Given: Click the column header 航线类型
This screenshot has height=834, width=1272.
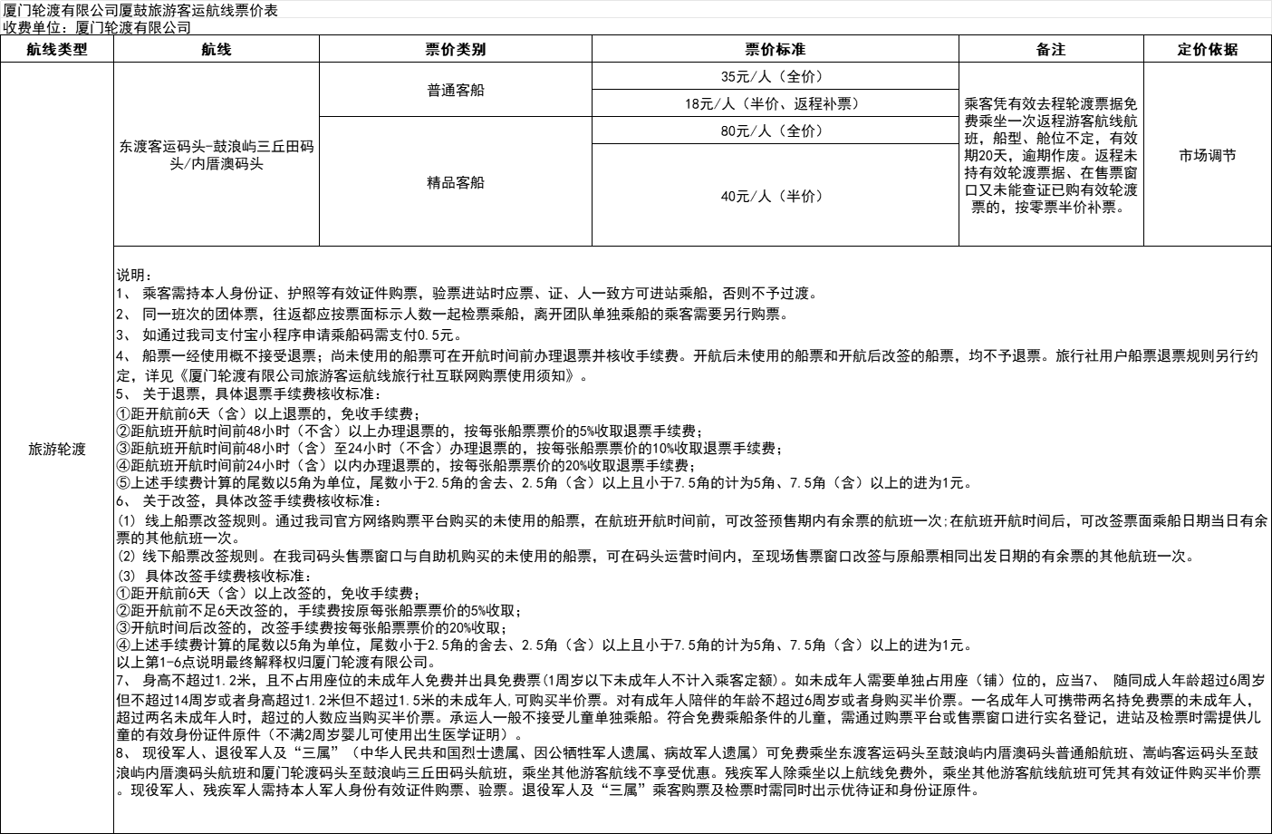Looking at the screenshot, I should (57, 50).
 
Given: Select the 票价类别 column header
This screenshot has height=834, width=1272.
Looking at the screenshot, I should (455, 50).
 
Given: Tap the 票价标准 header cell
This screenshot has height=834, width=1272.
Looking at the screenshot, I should (775, 50).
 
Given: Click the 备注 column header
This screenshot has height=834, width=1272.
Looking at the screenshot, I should (1051, 50).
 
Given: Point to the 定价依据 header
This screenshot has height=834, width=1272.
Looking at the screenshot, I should (1207, 50).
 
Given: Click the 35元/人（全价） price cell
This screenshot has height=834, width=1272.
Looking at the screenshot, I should (773, 77).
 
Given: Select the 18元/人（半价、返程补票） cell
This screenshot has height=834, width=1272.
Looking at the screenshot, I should (773, 104).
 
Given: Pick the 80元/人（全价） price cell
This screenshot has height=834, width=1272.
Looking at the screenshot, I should (773, 131).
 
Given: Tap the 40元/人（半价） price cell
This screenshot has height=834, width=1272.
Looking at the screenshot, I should (773, 196).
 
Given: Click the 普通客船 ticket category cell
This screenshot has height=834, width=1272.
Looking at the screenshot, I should (455, 91).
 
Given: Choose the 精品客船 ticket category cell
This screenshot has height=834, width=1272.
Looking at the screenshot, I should (455, 183).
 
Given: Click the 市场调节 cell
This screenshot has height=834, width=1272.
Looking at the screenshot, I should (1207, 156).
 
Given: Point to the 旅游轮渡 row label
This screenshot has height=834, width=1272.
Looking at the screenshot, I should (57, 449).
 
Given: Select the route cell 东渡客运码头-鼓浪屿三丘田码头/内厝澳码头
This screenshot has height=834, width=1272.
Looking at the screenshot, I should (217, 155).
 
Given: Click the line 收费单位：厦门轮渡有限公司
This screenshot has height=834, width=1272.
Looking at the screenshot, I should (97, 27).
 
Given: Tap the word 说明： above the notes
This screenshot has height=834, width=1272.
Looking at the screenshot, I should (135, 276).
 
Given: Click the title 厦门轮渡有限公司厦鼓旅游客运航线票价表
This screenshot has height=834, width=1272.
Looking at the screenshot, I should (140, 10).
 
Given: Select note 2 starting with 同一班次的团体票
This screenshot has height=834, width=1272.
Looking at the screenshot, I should (453, 315).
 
